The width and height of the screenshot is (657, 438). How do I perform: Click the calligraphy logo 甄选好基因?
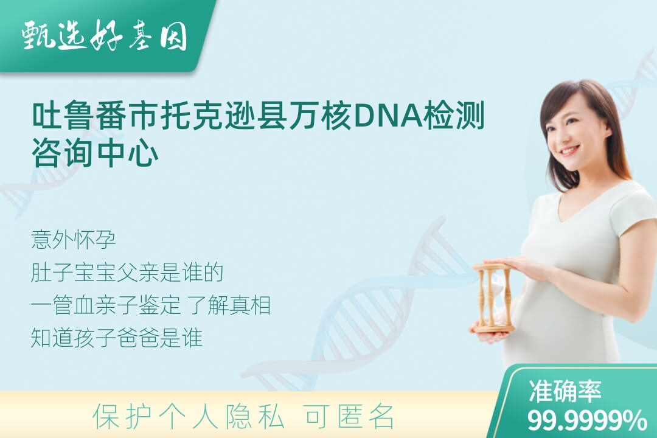(104, 35)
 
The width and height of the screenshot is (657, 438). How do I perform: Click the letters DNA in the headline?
(388, 115)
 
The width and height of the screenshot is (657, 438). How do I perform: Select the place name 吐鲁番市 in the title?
(96, 115)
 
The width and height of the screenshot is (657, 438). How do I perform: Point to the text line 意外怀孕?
(74, 240)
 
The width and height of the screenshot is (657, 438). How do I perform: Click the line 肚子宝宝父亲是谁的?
(127, 273)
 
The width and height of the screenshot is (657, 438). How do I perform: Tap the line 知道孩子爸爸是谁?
(117, 338)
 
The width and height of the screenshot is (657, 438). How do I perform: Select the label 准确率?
(565, 391)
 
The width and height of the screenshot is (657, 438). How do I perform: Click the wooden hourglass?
(493, 297)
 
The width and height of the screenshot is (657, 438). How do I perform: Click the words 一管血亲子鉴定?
(106, 305)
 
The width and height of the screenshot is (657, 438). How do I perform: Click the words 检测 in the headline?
(454, 115)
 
